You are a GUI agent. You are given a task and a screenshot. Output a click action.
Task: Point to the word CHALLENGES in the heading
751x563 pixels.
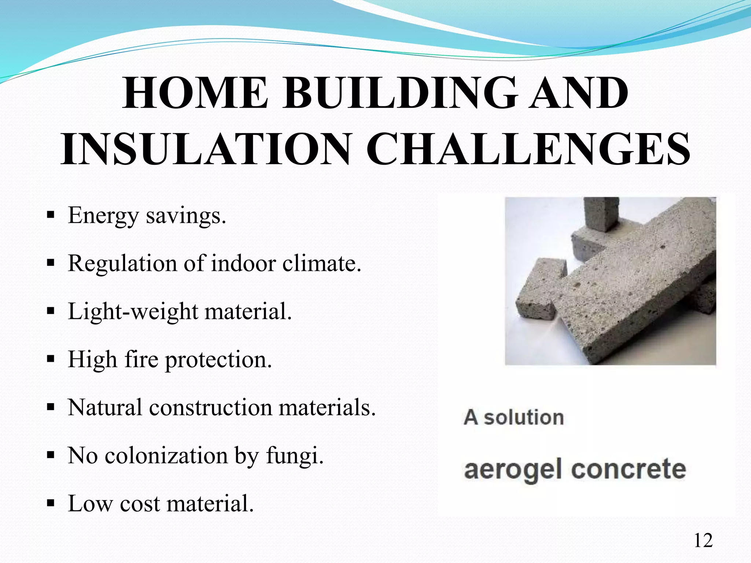pyautogui.click(x=528, y=150)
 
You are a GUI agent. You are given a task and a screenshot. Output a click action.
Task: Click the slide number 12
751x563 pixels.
pyautogui.click(x=703, y=541)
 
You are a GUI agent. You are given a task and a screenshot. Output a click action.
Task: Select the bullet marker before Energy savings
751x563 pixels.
pyautogui.click(x=51, y=214)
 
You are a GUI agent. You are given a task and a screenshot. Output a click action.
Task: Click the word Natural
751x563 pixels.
pyautogui.click(x=105, y=408)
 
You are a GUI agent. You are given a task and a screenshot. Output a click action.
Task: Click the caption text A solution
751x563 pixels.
pyautogui.click(x=513, y=417)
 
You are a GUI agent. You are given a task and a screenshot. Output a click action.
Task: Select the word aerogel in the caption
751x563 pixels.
pyautogui.click(x=513, y=470)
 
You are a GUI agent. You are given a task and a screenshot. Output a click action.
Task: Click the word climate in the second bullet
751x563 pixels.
pyautogui.click(x=321, y=263)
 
